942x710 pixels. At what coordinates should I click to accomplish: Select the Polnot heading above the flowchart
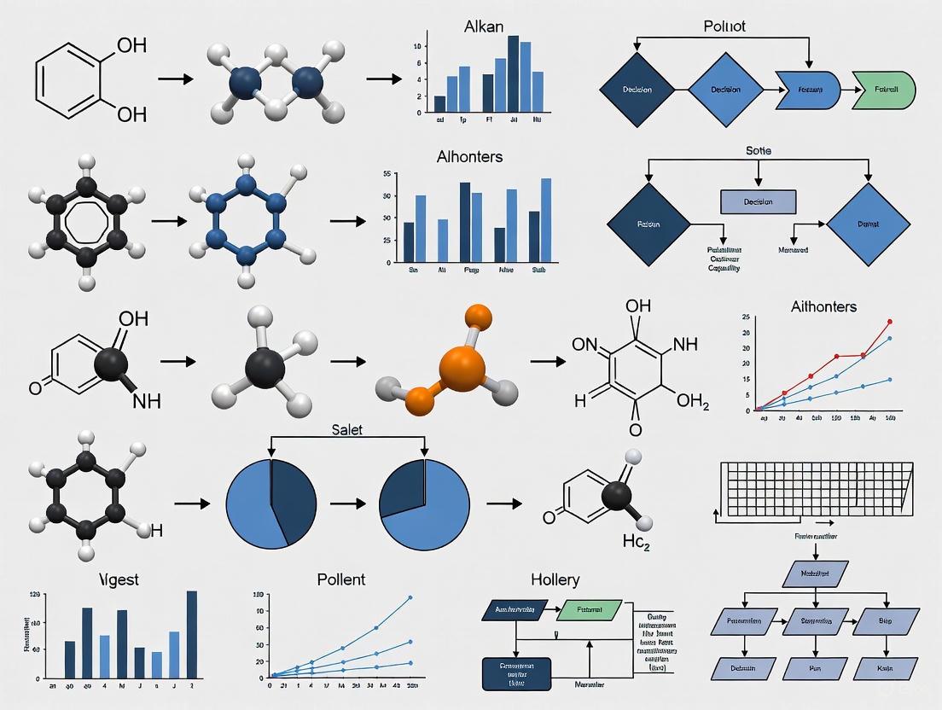coord(724,26)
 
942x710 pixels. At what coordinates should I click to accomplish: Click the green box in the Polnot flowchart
coord(883,89)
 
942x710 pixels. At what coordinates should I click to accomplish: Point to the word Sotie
coord(758,150)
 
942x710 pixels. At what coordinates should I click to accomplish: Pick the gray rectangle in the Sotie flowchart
coord(758,201)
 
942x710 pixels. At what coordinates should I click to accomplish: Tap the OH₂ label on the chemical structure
coord(692,401)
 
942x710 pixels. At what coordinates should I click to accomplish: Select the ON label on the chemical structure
coord(585,345)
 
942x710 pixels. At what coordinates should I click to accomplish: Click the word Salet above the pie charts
coord(346,429)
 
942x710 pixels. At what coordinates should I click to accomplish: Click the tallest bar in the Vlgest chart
coord(192,633)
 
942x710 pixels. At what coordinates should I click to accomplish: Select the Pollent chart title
coord(340,579)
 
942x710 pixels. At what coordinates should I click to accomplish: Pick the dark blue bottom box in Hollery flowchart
coord(515,673)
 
